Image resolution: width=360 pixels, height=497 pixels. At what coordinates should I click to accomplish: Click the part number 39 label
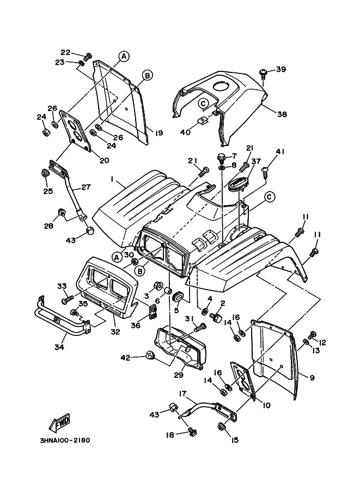tap(280, 69)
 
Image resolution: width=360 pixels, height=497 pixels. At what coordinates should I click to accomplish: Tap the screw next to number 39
tap(264, 71)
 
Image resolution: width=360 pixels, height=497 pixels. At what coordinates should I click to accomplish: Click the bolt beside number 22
tap(89, 56)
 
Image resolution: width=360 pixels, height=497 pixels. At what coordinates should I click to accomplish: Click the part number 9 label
tap(312, 377)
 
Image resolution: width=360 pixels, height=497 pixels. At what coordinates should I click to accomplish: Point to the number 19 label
tap(159, 132)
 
